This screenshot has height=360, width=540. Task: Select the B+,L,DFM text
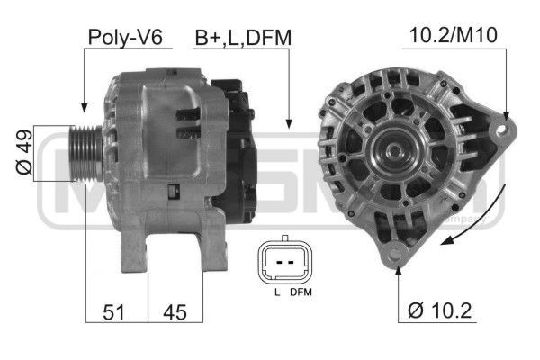pos(244,37)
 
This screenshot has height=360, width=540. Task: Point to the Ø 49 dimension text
pos(24,153)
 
